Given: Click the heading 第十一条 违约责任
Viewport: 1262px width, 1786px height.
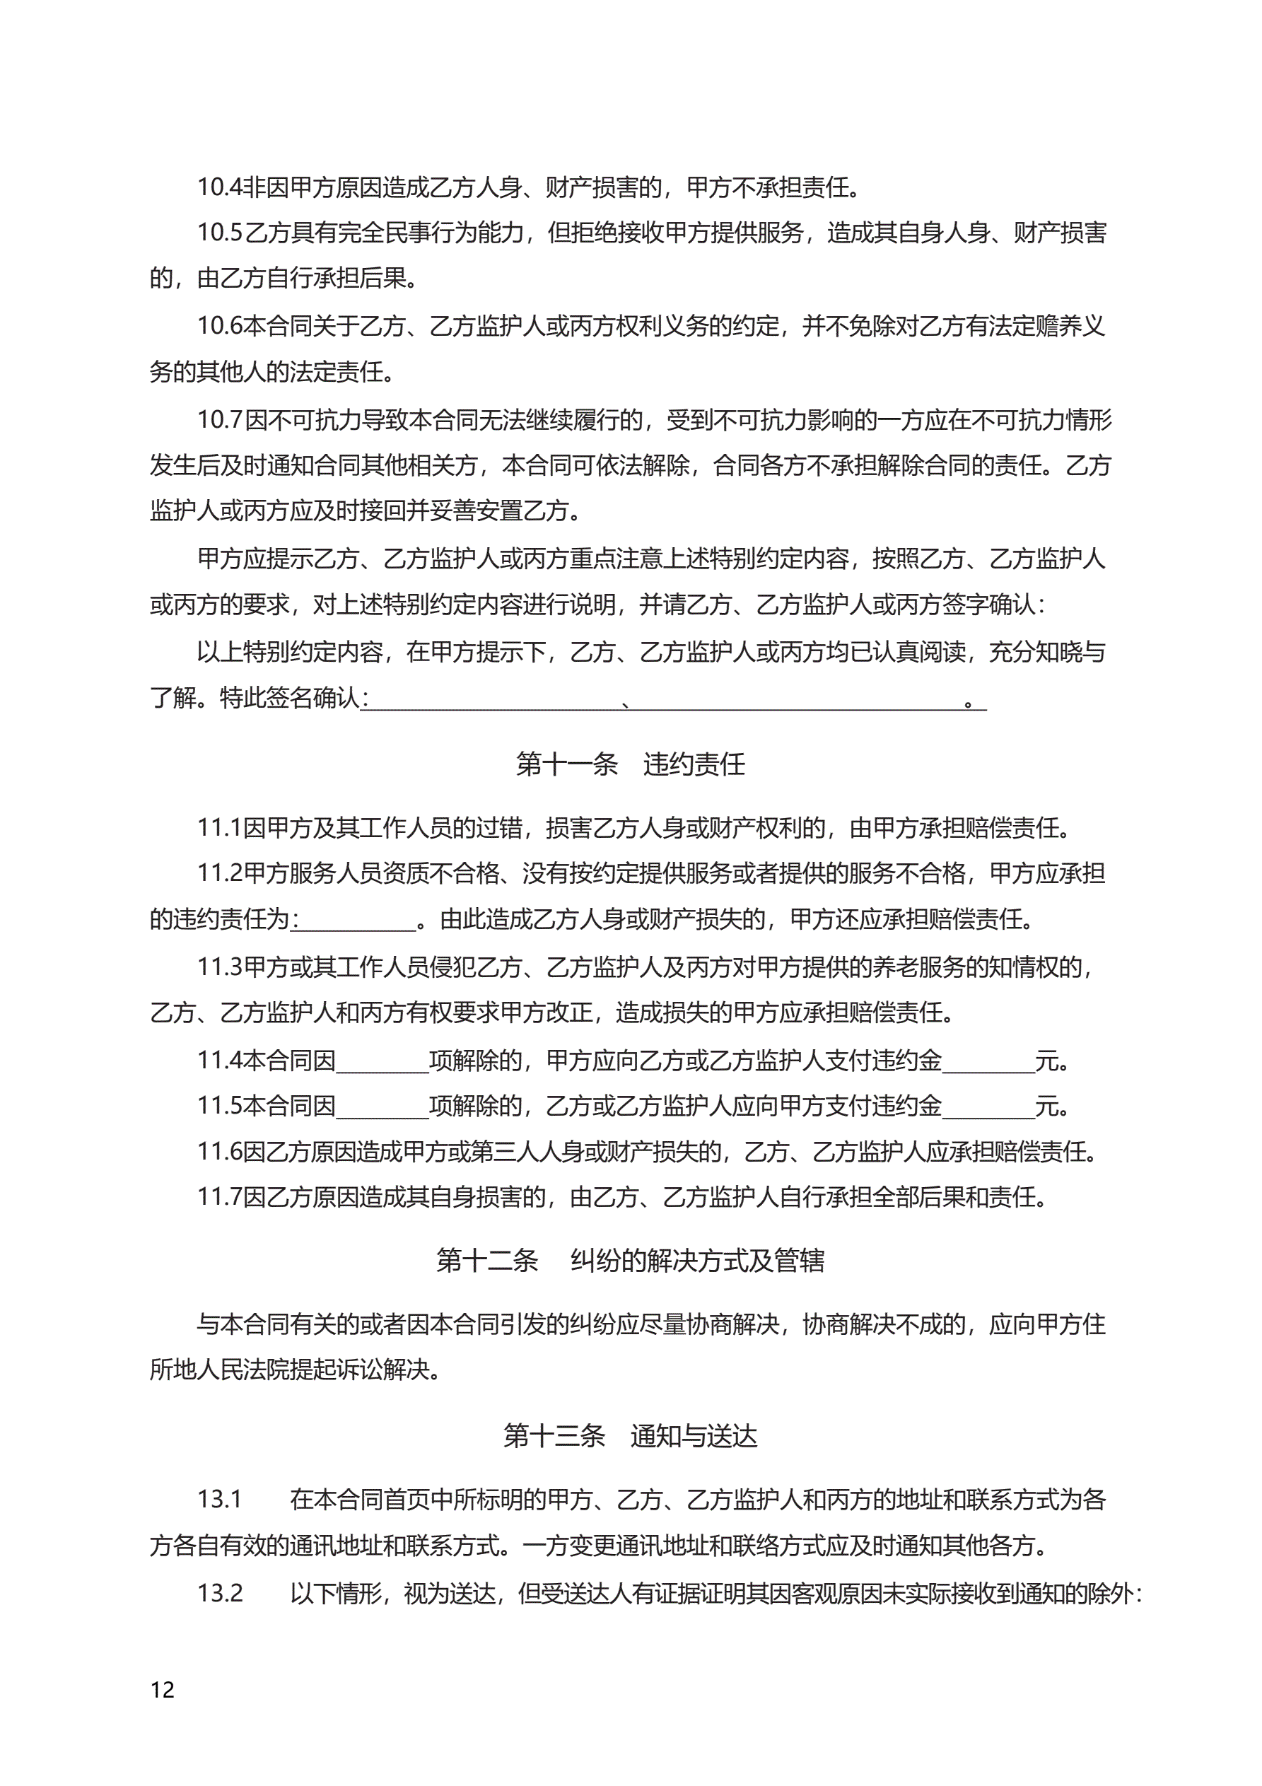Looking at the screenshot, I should tap(630, 764).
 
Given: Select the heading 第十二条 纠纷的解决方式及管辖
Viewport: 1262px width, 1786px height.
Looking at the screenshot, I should tap(630, 1259).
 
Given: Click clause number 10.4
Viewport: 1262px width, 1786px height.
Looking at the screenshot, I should tap(219, 187).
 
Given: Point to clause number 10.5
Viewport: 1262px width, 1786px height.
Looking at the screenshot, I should tap(219, 233).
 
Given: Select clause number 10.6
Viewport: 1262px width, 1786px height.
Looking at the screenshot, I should tap(219, 326).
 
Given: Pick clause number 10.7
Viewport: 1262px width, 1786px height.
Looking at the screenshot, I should tap(219, 420).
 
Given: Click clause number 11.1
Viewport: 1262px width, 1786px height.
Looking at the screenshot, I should tap(218, 828).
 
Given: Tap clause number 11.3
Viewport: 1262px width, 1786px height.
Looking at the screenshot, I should tap(219, 967).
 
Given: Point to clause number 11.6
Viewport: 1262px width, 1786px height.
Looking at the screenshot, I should tap(219, 1152).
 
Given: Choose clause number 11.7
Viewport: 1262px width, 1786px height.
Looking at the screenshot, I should tap(219, 1197).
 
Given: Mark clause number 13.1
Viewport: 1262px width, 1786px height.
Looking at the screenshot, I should tap(219, 1499).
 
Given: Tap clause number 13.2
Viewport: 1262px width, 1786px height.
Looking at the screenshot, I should tap(219, 1593).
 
